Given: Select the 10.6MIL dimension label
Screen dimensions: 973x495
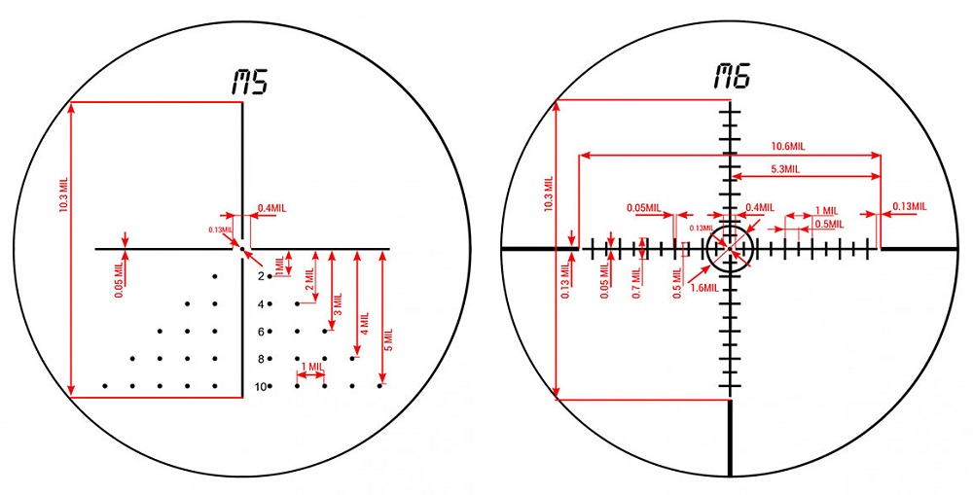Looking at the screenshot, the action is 788,147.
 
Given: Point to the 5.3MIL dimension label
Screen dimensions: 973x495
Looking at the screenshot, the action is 785,169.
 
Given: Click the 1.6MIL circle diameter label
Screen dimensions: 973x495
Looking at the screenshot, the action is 704,288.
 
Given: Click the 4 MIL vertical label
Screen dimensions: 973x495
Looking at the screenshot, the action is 364,324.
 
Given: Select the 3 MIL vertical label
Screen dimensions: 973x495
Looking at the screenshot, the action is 339,304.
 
